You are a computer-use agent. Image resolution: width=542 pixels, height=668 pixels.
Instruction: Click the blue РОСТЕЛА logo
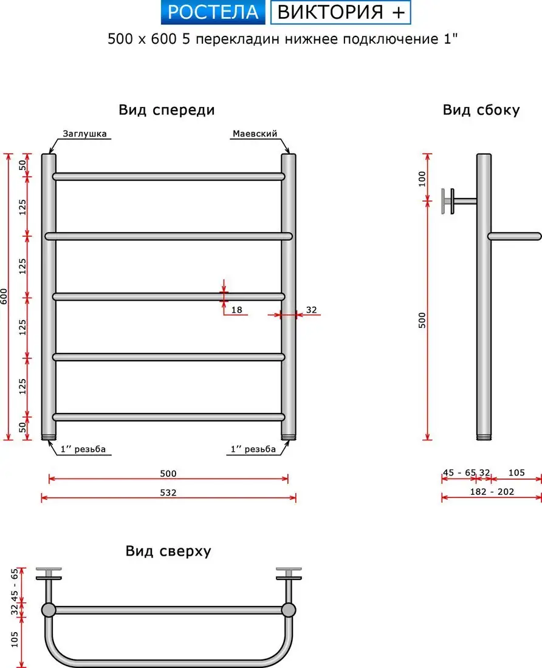click(213, 12)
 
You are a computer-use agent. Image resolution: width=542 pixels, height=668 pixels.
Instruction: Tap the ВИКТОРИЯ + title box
click(340, 12)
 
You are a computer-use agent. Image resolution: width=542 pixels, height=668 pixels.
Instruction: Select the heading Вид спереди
click(166, 110)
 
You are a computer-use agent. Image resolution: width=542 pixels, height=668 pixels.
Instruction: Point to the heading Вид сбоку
click(481, 110)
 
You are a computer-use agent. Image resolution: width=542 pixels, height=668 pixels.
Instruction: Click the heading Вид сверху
click(168, 551)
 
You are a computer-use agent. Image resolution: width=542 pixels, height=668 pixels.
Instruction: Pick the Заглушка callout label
click(84, 134)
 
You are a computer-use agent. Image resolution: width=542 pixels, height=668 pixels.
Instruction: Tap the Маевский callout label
click(255, 134)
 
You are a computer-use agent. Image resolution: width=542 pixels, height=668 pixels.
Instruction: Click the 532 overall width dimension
click(168, 492)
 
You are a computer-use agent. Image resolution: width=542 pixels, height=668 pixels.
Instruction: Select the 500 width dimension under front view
click(168, 473)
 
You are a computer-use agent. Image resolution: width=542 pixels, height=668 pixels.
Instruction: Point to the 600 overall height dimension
click(4, 296)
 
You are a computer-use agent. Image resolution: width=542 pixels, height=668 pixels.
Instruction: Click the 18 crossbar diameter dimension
click(236, 310)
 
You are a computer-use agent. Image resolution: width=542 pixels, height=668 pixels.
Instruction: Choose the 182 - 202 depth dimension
click(492, 492)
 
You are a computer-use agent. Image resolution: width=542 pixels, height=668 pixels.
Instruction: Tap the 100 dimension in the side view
click(422, 179)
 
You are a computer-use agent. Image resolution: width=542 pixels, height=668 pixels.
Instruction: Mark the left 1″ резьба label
click(83, 449)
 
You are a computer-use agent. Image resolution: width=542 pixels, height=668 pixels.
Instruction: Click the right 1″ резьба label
click(253, 449)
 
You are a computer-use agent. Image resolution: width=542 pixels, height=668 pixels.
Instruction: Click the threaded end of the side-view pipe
click(484, 437)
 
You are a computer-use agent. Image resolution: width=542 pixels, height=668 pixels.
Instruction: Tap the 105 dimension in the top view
click(15, 639)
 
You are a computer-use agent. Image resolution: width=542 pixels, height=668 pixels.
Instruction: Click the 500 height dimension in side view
click(422, 321)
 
